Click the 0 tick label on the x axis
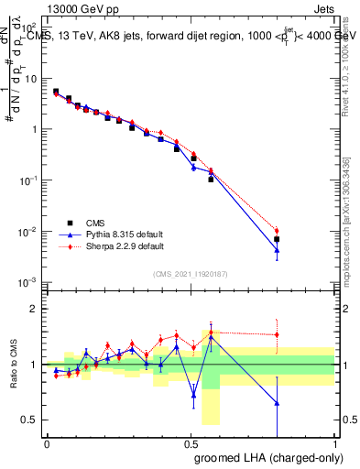(47, 444)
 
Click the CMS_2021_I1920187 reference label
(190, 273)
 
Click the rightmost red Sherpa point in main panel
(277, 231)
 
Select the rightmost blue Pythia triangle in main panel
(277, 250)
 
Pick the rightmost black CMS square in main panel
(277, 239)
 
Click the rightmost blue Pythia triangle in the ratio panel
(277, 403)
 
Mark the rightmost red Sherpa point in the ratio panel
(277, 334)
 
